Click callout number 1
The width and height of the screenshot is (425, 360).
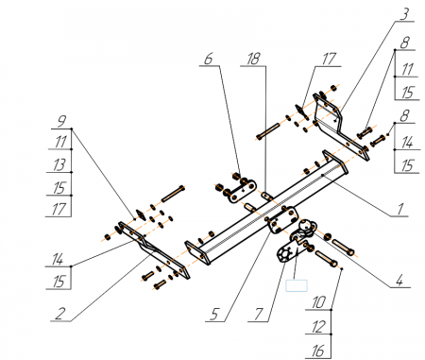400,209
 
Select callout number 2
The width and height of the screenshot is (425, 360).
60,314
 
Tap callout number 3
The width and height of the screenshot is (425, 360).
405,14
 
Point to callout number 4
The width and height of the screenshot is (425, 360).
399,280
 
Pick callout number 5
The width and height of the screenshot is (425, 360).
214,314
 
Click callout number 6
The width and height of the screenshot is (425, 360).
209,59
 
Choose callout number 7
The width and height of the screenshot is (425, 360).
259,314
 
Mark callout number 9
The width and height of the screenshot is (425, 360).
62,122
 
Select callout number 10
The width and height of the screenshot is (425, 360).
318,302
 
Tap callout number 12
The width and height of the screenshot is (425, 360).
318,327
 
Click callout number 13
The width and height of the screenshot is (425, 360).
59,164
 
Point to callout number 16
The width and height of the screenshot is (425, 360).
318,351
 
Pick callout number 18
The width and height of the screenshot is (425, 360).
254,59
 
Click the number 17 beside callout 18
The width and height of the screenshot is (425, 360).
329,59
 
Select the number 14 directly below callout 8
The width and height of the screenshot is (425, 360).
407,143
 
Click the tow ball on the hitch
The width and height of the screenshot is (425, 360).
305,226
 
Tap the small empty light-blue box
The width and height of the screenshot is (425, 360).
297,285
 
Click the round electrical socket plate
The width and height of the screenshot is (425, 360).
285,254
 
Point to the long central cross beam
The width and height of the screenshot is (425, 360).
266,208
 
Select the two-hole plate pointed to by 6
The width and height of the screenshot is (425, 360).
242,190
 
